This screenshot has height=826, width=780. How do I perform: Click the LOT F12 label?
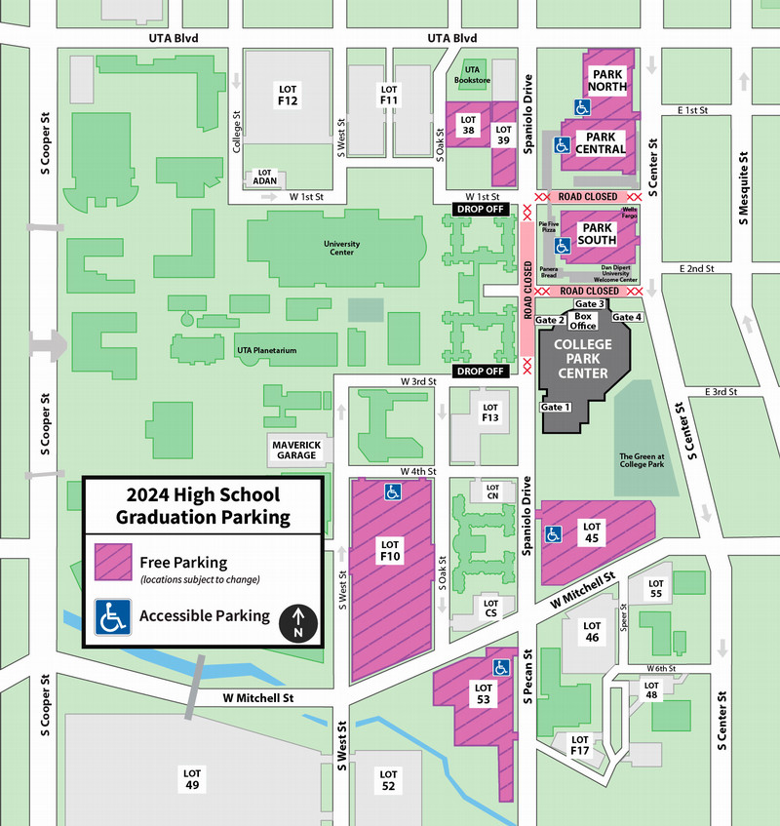[287, 95]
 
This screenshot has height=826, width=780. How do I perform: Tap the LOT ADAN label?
[264, 177]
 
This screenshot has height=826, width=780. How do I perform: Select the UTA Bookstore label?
[473, 75]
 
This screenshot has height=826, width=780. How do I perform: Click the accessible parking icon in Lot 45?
[554, 534]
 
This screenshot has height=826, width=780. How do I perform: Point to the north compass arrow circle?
[299, 624]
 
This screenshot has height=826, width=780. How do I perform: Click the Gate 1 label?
[555, 406]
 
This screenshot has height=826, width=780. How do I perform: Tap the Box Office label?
[584, 321]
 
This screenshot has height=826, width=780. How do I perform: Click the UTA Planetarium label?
[266, 349]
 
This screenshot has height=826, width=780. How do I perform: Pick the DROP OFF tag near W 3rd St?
[481, 371]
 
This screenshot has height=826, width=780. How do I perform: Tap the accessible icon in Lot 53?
[501, 668]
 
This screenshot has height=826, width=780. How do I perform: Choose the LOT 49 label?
[191, 777]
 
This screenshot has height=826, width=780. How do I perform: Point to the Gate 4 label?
[627, 317]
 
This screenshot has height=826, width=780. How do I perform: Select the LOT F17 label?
[580, 745]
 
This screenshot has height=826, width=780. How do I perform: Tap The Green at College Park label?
[642, 460]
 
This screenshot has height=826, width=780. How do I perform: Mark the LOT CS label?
[491, 608]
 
